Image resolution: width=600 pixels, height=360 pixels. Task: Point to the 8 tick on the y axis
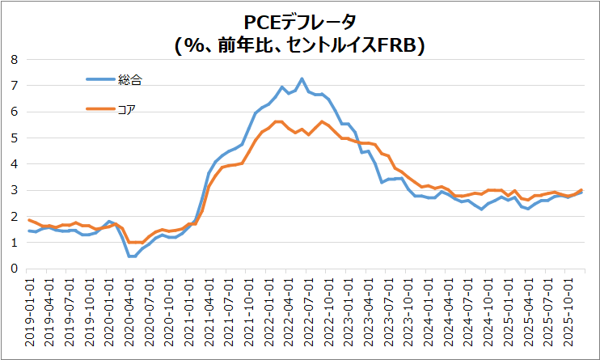[x=13, y=59]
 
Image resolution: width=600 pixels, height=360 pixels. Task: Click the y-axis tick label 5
[x=13, y=138]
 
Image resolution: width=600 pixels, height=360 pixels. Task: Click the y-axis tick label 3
[x=13, y=190]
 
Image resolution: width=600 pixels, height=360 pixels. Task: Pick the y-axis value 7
[x=13, y=85]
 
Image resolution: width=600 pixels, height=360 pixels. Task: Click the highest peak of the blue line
[x=302, y=78]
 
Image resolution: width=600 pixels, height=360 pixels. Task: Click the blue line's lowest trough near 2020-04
[x=130, y=256]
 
